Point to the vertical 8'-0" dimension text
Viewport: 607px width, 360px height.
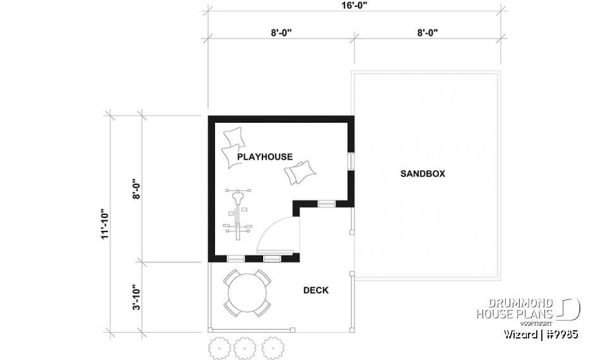(136, 188)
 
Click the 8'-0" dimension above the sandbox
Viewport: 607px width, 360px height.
(428, 32)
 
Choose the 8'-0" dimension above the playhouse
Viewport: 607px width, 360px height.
(281, 32)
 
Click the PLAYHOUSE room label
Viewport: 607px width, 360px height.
(265, 156)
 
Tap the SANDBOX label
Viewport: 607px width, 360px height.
(422, 173)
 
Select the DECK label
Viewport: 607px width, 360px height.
(316, 290)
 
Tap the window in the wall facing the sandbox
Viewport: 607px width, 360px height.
(350, 161)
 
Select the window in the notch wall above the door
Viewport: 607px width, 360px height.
(326, 203)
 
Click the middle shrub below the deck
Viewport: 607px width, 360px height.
(244, 347)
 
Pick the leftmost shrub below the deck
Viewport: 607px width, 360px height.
(218, 347)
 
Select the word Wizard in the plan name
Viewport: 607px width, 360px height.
(520, 334)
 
